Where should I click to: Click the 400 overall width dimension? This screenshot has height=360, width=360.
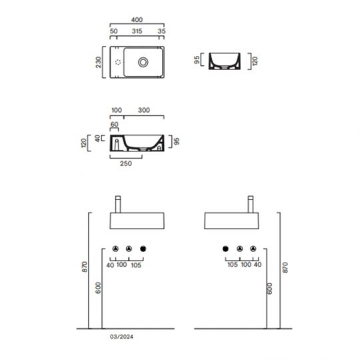tap(138, 21)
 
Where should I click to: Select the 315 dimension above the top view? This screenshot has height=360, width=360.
tap(137, 31)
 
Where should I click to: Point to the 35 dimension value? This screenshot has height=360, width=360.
tap(162, 31)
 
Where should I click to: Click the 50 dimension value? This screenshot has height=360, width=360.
tap(113, 31)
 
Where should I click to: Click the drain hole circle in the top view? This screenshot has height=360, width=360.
tap(143, 62)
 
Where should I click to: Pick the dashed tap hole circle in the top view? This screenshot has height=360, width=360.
tap(118, 62)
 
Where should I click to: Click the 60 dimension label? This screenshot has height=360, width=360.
tap(114, 124)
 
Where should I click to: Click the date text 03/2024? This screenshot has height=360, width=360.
tap(119, 336)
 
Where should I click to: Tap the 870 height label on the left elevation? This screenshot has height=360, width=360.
tap(84, 267)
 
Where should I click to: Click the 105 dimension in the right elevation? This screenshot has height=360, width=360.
tap(232, 265)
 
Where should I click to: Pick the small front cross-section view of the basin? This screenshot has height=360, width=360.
tap(224, 61)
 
